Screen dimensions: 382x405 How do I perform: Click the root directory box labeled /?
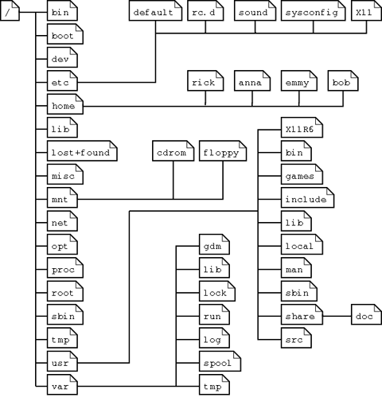coord(10,10)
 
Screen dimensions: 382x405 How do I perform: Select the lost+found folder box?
coord(82,150)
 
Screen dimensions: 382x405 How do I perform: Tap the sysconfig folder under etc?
coord(314,10)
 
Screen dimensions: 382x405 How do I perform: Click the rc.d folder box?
coord(205,10)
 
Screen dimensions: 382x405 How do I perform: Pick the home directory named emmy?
coord(299,80)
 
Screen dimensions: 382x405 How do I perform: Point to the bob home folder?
coord(343,80)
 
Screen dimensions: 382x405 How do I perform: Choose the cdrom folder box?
coord(173,150)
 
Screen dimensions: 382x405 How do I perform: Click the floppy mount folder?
coord(223,150)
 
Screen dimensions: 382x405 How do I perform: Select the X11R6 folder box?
coord(302,127)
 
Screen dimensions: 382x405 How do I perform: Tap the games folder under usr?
coord(302,174)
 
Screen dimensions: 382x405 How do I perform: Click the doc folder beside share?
coord(367,314)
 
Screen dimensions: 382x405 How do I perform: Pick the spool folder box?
coord(220,361)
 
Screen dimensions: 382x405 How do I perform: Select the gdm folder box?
coord(214,244)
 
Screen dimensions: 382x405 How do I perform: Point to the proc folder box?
coord(65,267)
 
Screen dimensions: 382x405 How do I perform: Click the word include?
coord(306,199)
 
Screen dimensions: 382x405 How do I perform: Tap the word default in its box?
coord(153,13)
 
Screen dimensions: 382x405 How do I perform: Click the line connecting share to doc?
coord(337,316)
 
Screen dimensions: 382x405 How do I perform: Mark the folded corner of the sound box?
coord(273,4)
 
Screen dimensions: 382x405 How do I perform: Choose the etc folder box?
coord(62,80)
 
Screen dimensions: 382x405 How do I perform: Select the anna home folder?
coord(252,80)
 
